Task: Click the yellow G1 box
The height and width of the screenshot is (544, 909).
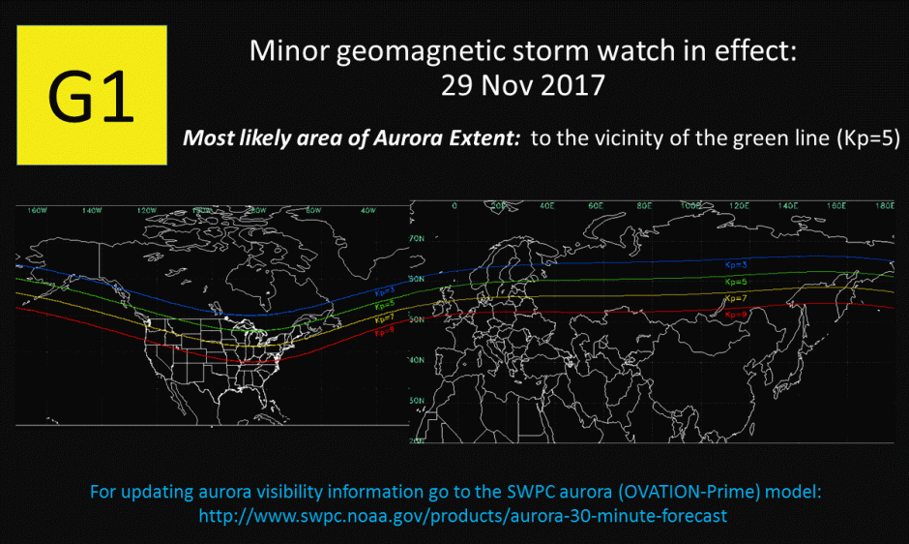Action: [91, 94]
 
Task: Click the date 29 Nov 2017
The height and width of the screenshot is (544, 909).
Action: [522, 84]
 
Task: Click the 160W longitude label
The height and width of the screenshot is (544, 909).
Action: [38, 210]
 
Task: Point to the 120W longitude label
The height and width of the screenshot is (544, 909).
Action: [148, 210]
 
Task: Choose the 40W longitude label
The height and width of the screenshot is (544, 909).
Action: [367, 210]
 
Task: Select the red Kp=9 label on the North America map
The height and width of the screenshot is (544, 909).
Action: [383, 331]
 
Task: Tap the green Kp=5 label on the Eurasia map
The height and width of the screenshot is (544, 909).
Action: [736, 281]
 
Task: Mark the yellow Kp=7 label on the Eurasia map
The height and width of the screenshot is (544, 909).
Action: [736, 298]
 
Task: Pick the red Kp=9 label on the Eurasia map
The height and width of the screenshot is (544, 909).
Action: [736, 315]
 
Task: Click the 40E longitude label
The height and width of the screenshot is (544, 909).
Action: [547, 206]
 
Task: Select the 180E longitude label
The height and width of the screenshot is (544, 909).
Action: [883, 206]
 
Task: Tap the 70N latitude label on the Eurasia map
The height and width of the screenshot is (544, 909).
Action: [418, 238]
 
